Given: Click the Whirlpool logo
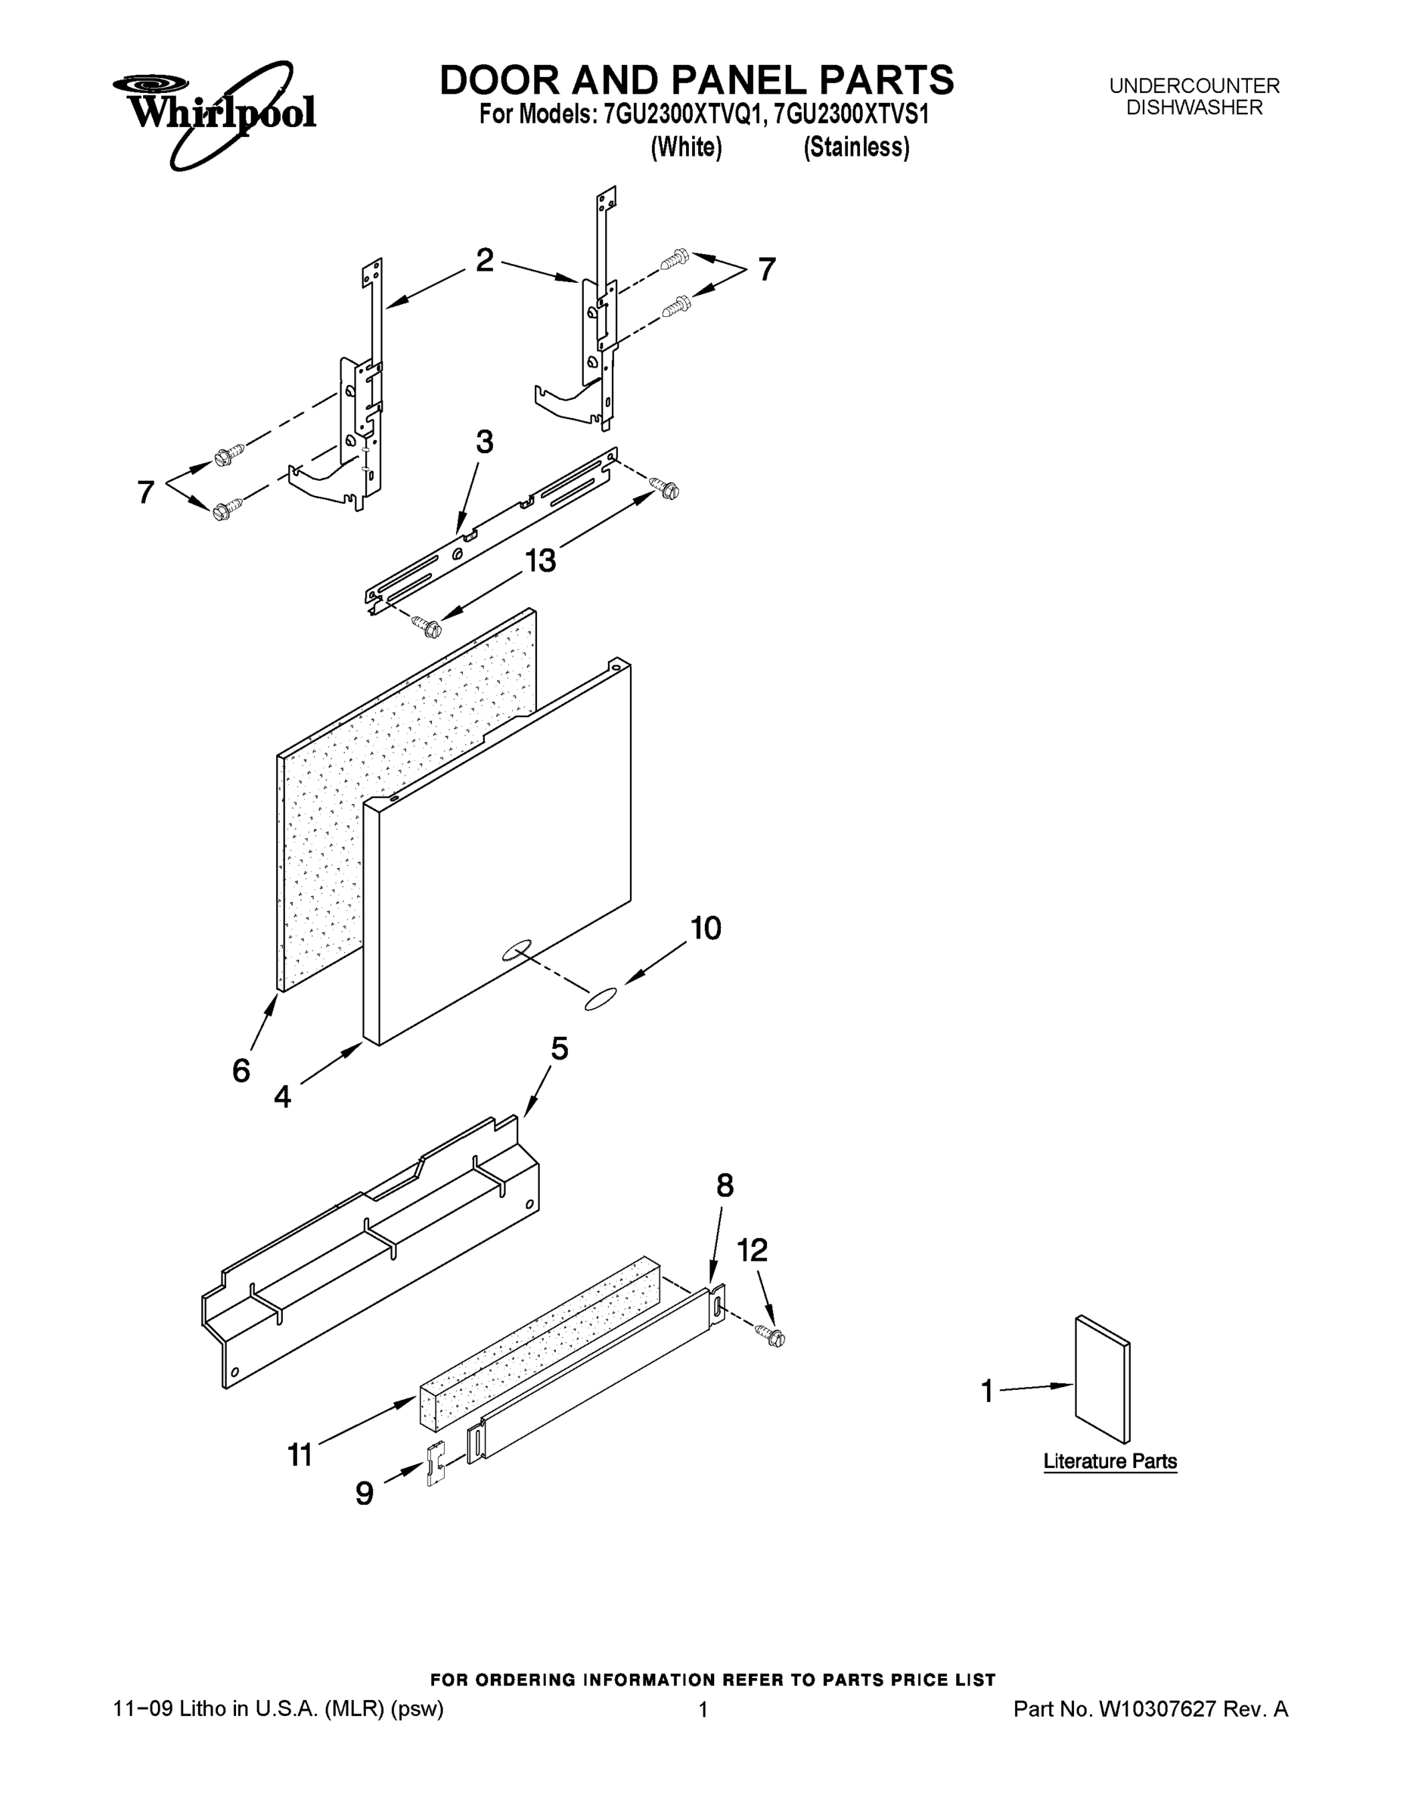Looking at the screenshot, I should pos(215,114).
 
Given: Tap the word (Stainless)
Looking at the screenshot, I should pos(856,147).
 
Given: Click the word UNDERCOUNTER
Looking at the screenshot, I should pos(1194,85).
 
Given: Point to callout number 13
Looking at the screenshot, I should pos(540,561).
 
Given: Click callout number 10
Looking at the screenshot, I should pos(706,928).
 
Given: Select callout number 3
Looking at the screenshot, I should pos(485,442).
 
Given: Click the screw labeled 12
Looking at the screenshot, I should pos(772,1336).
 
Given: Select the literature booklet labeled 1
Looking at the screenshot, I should pos(1102,1379).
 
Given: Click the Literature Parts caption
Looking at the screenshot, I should pos(1110,1461).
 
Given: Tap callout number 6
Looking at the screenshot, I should pos(241,1071).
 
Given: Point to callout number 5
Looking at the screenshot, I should pos(560,1049).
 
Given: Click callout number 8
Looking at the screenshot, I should pos(725,1186).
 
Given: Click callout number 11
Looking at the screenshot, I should pos(300,1455).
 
